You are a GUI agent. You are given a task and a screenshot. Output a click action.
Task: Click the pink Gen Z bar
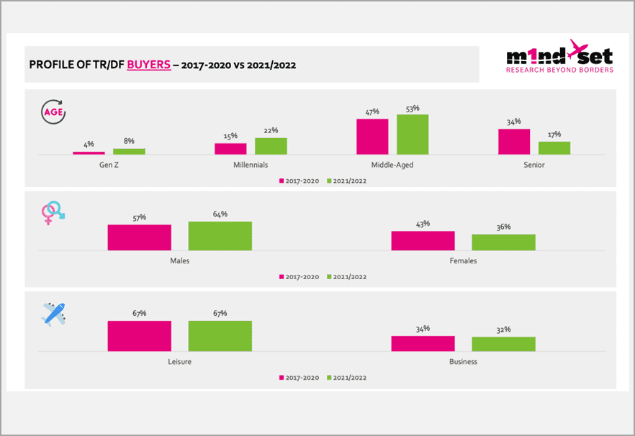point(89,153)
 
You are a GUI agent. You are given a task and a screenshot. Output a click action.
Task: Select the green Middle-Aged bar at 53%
point(413,135)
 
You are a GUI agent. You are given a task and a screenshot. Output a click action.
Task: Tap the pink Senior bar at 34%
point(514,142)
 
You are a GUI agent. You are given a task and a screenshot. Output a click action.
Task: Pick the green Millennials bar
point(271,146)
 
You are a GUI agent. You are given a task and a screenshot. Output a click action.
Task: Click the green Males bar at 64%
point(220,236)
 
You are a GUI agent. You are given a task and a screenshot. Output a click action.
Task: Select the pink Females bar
point(423,241)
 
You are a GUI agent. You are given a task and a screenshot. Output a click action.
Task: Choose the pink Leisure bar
point(140,336)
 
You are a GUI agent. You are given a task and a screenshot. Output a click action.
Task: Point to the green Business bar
point(503,344)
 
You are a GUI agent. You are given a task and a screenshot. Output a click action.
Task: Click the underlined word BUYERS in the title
point(149,65)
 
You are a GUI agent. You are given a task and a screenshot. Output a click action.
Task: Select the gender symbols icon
point(53,212)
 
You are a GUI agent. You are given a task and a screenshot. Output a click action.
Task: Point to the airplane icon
point(53,314)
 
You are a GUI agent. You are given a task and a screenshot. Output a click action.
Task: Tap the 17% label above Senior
point(554,135)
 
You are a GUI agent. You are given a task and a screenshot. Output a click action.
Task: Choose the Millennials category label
point(251,165)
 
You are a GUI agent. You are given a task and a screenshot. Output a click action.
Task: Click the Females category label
point(463,260)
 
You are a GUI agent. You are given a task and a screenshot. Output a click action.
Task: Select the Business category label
point(463,362)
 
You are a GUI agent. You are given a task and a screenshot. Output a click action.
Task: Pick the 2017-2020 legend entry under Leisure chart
point(298,377)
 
